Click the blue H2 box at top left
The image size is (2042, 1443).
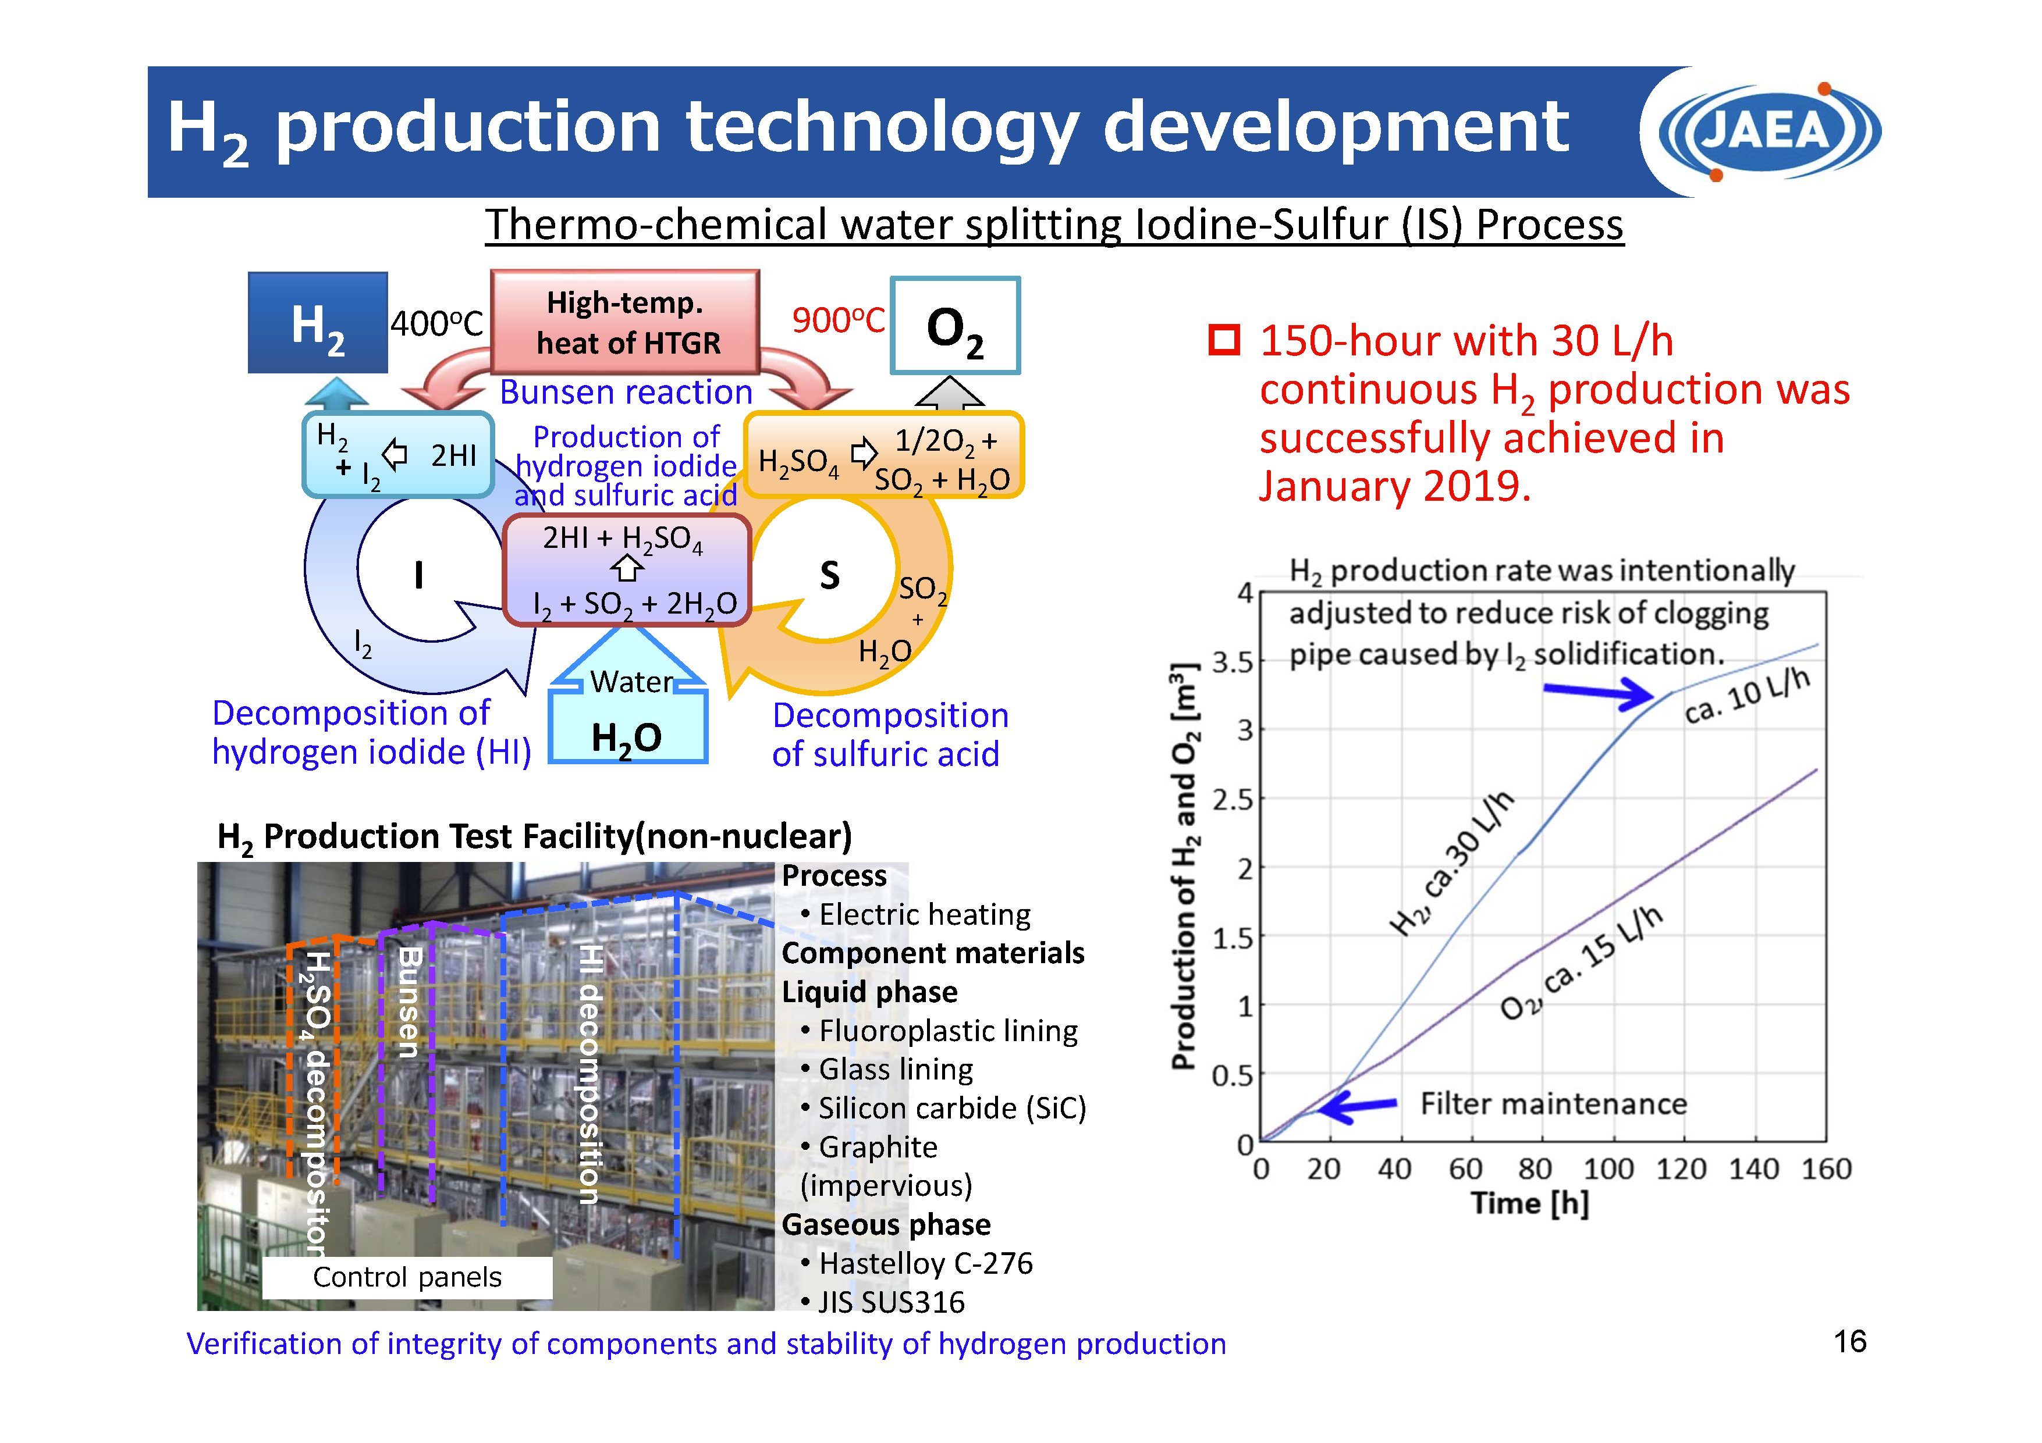click(x=318, y=323)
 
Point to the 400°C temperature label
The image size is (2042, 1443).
click(x=436, y=323)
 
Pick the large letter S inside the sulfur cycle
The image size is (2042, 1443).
click(x=829, y=575)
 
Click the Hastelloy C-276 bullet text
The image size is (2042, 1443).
click(x=925, y=1263)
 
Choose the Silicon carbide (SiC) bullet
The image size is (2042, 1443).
click(x=951, y=1109)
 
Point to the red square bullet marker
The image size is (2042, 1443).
click(x=1224, y=340)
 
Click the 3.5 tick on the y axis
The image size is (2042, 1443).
click(x=1232, y=662)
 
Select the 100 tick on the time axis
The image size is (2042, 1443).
click(x=1608, y=1169)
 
